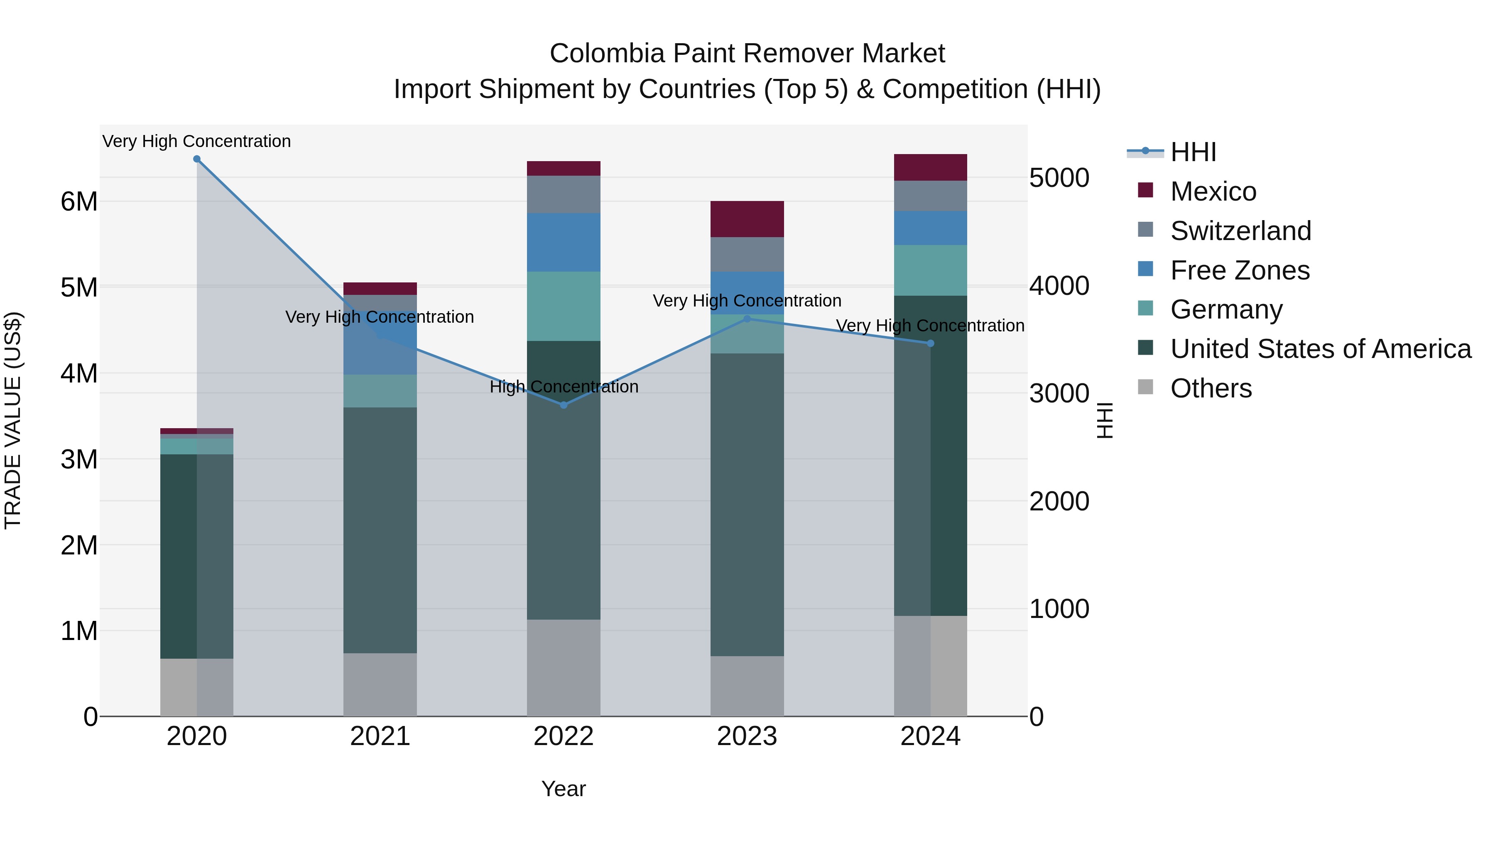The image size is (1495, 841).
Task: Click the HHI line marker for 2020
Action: [x=197, y=159]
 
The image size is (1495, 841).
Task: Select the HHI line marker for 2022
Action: [x=564, y=405]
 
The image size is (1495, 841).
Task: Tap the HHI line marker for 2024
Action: [x=930, y=343]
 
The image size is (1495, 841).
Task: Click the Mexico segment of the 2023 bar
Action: [x=747, y=219]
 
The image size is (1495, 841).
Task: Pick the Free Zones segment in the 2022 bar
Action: [x=564, y=242]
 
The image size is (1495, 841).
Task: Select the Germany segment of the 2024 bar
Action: [x=930, y=270]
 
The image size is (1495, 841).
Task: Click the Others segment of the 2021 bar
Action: [x=380, y=684]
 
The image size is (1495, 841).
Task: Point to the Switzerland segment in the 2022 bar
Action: [x=564, y=194]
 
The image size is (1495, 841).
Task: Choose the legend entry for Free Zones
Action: [x=1239, y=270]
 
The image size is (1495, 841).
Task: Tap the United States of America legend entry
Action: [x=1320, y=349]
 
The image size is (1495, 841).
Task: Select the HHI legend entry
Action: [x=1193, y=152]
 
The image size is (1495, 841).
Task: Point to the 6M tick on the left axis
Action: [x=79, y=202]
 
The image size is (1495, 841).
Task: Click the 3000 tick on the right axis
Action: [x=1059, y=394]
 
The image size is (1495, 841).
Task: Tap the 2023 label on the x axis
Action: [x=747, y=736]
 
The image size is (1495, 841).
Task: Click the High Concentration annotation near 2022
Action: [x=564, y=387]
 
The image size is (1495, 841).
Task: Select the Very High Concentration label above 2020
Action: [x=197, y=141]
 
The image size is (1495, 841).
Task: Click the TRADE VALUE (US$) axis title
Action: [x=13, y=420]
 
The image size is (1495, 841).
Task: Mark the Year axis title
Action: [x=564, y=789]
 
